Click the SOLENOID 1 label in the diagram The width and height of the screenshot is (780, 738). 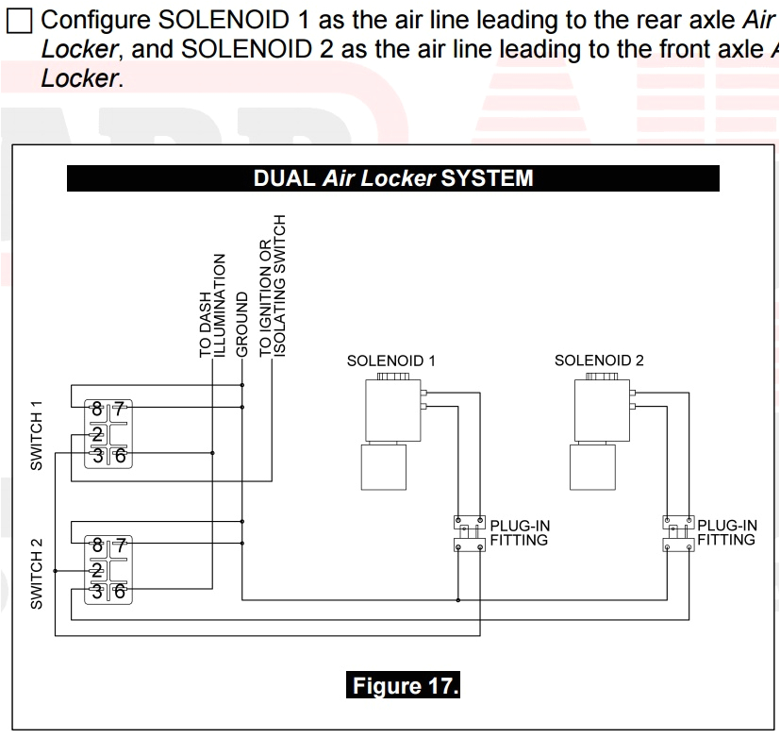(x=391, y=361)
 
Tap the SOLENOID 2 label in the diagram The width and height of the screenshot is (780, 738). (x=599, y=361)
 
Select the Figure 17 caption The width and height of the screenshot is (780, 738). (x=404, y=686)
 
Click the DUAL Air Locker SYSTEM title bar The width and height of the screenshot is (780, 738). (x=392, y=178)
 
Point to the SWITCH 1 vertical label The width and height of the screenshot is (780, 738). (x=37, y=436)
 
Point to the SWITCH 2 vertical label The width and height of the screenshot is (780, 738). (x=37, y=573)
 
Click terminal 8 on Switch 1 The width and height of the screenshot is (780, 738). (x=97, y=410)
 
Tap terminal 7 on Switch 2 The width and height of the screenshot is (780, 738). (x=119, y=545)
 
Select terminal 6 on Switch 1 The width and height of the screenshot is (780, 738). (x=119, y=457)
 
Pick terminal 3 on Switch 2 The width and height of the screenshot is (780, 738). (x=97, y=592)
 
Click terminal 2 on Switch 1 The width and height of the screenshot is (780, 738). (x=97, y=434)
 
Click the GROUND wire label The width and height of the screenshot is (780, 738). (x=242, y=324)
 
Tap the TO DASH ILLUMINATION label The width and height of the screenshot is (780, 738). (x=212, y=305)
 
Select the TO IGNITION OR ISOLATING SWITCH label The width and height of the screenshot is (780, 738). (x=272, y=285)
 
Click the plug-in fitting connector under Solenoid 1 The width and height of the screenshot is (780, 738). (x=468, y=533)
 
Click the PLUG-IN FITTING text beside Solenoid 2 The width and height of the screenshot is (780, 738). (x=726, y=533)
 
